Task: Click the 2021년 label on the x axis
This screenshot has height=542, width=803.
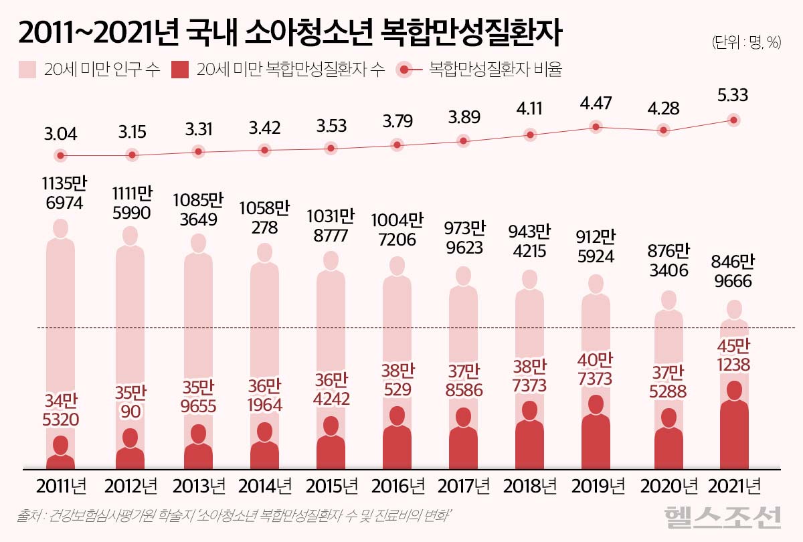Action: (733, 485)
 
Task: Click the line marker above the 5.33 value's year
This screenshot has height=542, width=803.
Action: (734, 120)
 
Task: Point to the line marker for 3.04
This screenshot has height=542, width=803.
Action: (61, 156)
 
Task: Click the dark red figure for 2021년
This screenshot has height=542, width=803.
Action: (733, 428)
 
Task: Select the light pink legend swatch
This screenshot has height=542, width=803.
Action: (28, 70)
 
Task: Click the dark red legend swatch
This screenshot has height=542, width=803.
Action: (181, 70)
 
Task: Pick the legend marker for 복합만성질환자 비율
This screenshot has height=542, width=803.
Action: (407, 70)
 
